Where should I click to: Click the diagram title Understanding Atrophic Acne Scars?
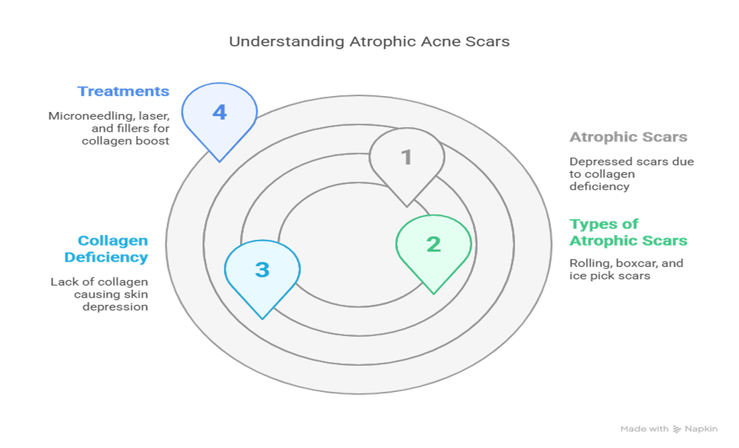[x=369, y=42]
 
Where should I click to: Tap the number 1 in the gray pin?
[x=406, y=158]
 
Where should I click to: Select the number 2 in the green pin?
[x=434, y=244]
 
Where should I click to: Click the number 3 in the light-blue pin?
[x=262, y=270]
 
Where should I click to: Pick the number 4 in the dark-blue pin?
[x=219, y=113]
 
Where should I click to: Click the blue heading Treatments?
[x=123, y=92]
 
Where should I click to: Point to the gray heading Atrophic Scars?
[x=628, y=137]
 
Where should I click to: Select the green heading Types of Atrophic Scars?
[x=628, y=232]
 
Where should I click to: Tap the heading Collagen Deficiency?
[x=113, y=249]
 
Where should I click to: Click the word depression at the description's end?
[x=115, y=306]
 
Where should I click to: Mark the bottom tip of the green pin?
[x=434, y=293]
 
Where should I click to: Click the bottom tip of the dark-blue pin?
[x=219, y=161]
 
